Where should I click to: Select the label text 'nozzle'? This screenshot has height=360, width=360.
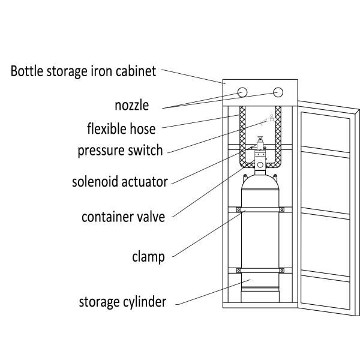[x=131, y=106]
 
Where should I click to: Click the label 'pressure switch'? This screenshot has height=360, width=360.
[x=120, y=150]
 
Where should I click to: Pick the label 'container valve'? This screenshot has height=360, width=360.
[x=123, y=217]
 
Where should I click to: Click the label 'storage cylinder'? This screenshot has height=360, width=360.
[x=122, y=301]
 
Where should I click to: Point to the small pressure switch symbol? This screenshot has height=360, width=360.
[x=271, y=118]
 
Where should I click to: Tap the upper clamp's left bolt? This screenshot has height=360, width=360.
[x=238, y=209]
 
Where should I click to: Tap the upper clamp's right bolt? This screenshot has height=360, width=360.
[x=281, y=209]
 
